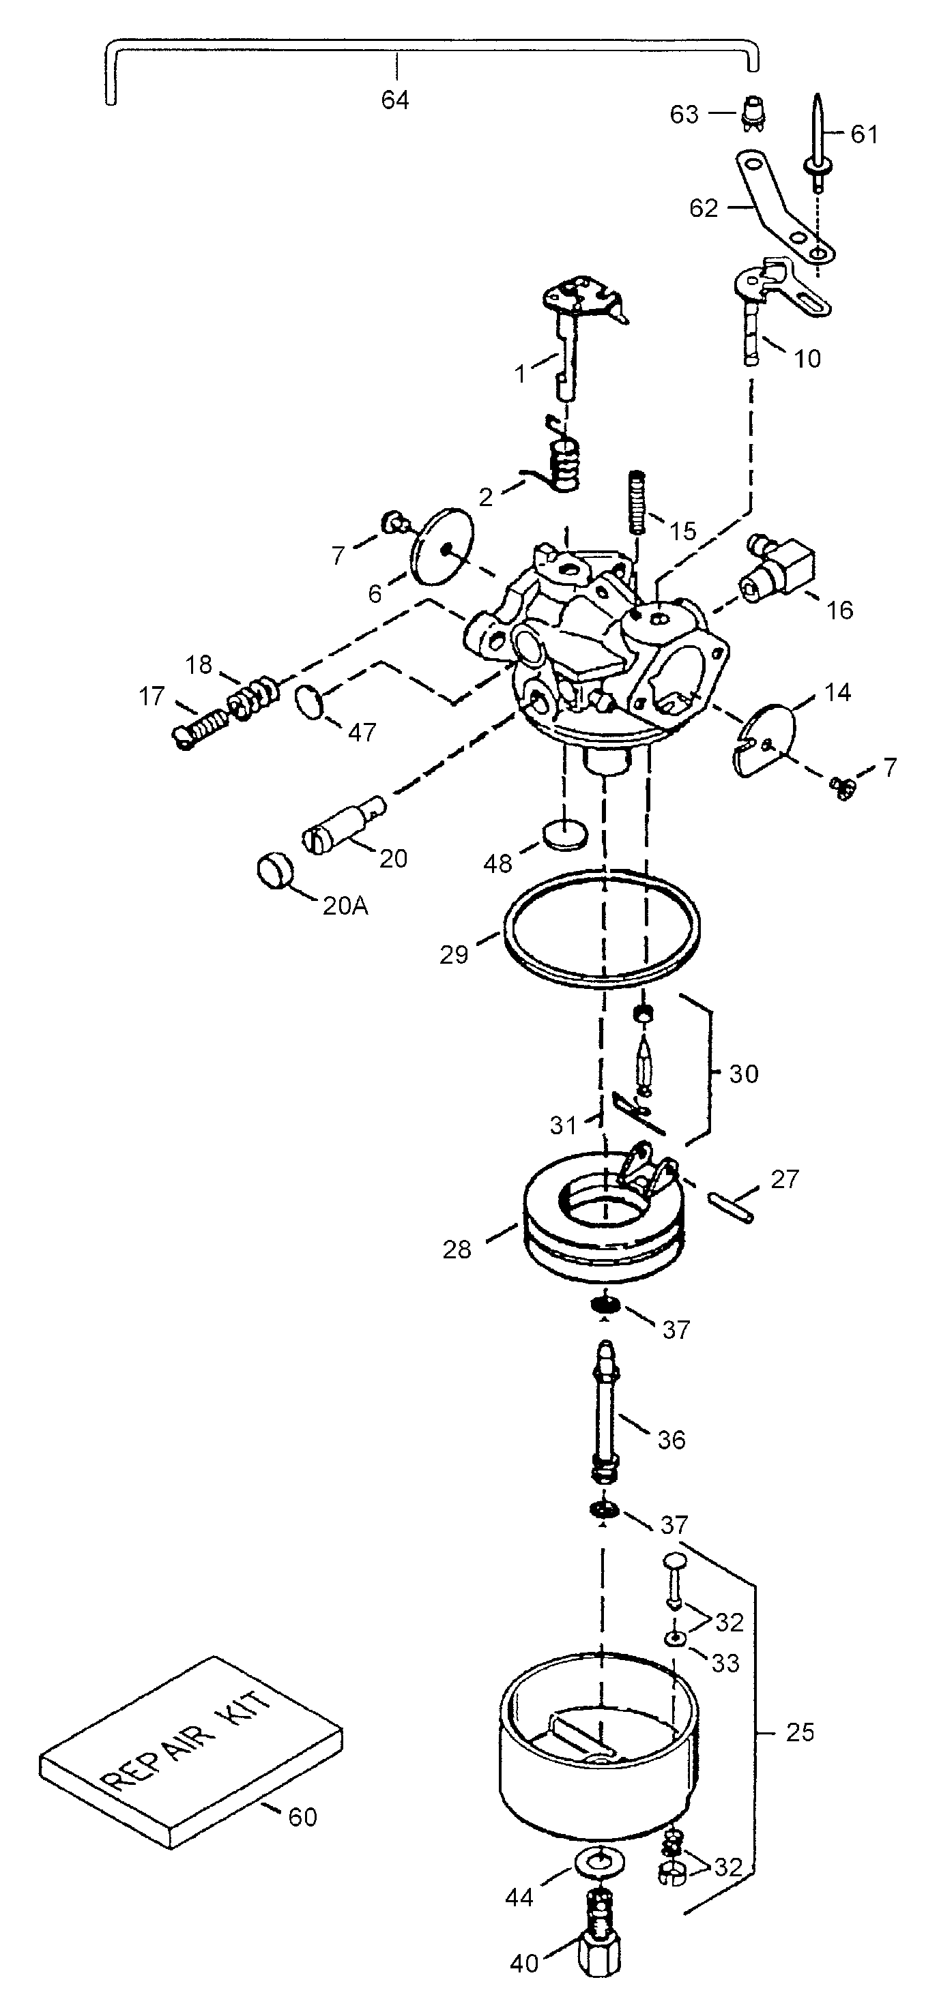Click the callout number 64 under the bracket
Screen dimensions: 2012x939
[x=395, y=100]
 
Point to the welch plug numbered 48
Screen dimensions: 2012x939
[x=565, y=834]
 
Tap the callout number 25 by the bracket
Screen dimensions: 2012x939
[x=800, y=1732]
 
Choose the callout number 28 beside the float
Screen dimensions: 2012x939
[x=457, y=1249]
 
